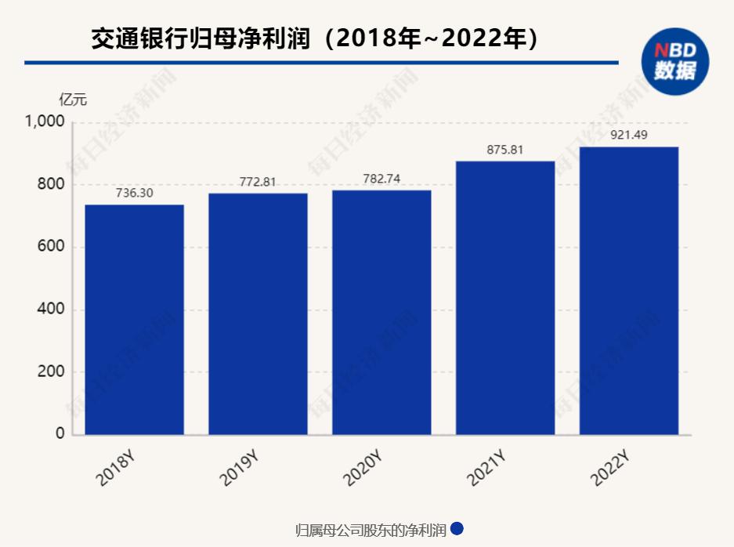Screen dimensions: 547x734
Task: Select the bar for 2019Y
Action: click(258, 313)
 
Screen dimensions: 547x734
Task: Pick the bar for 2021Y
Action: click(505, 298)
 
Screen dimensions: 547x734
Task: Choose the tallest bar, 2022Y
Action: click(629, 291)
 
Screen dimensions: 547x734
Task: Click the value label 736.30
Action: click(134, 193)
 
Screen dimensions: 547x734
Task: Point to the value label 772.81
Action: click(258, 182)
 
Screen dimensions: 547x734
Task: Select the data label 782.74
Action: click(381, 179)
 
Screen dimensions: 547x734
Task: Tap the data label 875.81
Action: click(505, 150)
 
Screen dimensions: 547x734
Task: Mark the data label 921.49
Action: click(629, 136)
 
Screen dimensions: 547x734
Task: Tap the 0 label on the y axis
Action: click(60, 435)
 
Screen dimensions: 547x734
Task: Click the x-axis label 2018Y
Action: click(117, 469)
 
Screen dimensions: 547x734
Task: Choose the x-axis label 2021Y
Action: click(488, 469)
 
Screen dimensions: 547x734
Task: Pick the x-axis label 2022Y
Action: click(612, 469)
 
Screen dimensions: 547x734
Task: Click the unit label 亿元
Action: click(74, 100)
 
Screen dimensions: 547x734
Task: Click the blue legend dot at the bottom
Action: click(457, 529)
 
